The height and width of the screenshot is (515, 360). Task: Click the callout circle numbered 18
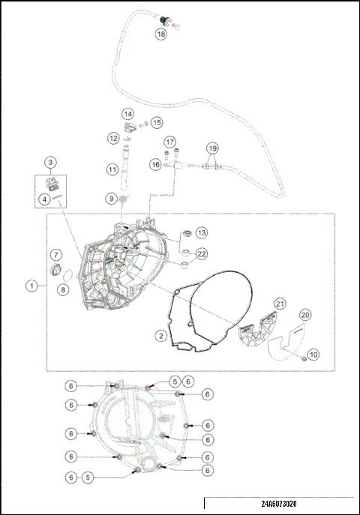point(161,34)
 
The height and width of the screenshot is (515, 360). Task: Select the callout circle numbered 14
point(128,114)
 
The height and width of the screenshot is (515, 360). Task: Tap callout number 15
point(157,122)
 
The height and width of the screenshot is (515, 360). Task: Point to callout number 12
point(112,138)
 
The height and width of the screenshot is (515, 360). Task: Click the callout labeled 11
point(112,170)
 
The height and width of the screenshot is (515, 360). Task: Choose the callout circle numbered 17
point(170,142)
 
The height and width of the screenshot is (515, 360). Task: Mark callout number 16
point(156,164)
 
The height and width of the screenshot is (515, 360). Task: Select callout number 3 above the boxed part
point(49,162)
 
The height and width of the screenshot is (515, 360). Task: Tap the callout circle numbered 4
point(45,199)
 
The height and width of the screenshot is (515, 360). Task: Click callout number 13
point(202,233)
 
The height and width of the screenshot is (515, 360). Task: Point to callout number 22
point(202,254)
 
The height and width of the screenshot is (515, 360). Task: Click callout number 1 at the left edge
point(31,285)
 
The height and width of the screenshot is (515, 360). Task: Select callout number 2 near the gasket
point(160,336)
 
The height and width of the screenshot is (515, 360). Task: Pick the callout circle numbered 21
point(280,303)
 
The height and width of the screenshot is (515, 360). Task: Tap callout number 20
point(305,315)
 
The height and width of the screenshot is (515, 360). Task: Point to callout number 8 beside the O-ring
point(63,289)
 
